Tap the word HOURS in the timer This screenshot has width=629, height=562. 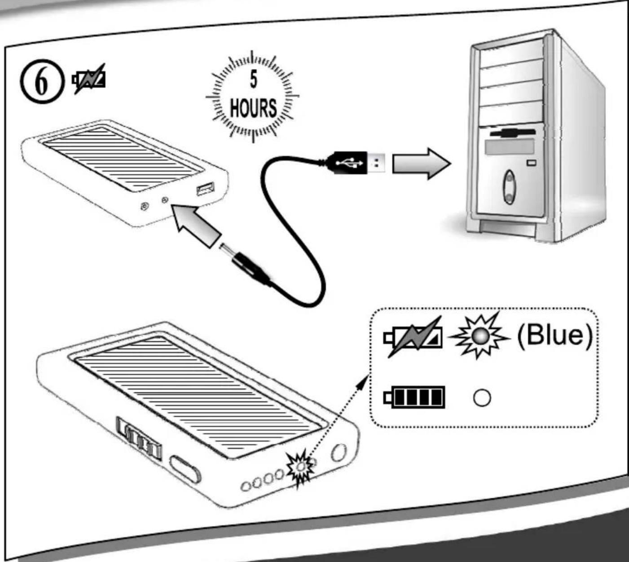[253, 108]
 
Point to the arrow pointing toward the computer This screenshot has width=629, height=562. [421, 164]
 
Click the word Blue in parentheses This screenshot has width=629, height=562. [555, 336]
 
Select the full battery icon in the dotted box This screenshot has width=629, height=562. [414, 397]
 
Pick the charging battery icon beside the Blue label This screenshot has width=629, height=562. [413, 337]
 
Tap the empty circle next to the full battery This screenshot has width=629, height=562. [482, 398]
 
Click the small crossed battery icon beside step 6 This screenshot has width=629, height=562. [89, 79]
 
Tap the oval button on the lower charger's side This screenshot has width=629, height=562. [185, 469]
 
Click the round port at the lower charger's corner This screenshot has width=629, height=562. [338, 453]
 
